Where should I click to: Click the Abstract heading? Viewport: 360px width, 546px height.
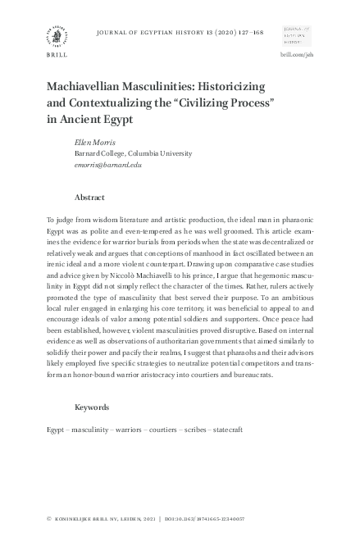point(90,198)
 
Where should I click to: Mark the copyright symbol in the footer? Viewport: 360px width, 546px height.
point(49,519)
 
